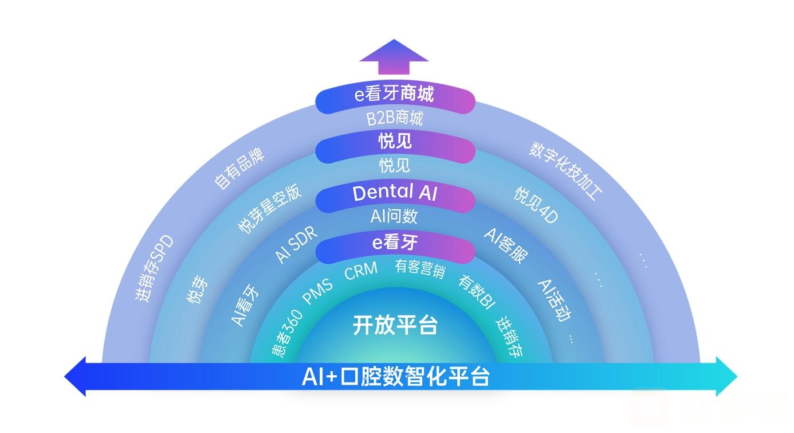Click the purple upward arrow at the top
tap(394, 57)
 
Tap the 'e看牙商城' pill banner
tap(395, 97)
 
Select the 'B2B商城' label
tap(395, 118)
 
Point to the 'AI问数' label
tap(394, 216)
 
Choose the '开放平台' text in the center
tap(395, 325)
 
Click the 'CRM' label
tap(361, 271)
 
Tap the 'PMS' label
tap(318, 291)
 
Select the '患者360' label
tap(287, 333)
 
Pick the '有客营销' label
tap(420, 268)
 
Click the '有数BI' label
tap(477, 292)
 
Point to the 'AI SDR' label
tap(296, 244)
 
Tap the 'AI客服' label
tap(506, 245)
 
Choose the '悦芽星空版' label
tap(269, 209)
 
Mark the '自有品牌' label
tap(239, 168)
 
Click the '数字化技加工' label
tap(565, 171)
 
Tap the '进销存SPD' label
tap(154, 268)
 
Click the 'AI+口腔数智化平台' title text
tap(396, 376)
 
